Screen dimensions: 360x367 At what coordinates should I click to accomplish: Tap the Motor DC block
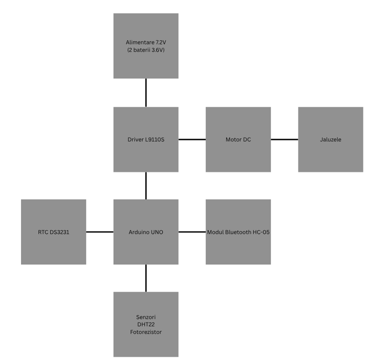238,139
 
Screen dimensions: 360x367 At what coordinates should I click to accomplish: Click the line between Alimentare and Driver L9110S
146,92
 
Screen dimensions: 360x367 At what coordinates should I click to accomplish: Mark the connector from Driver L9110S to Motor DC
192,139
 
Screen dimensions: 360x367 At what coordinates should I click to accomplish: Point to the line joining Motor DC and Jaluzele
284,139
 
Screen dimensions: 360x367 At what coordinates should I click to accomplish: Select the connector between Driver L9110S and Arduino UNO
146,185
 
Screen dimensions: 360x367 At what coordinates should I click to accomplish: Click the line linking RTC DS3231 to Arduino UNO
100,232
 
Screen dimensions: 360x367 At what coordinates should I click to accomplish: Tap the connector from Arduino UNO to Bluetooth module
192,232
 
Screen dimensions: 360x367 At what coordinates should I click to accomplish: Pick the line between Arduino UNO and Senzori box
146,278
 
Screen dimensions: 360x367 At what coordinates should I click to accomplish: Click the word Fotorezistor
146,333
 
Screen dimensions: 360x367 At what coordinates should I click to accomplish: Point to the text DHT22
146,325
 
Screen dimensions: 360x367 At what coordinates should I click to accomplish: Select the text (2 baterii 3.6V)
146,50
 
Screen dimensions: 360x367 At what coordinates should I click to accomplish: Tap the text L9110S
154,140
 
